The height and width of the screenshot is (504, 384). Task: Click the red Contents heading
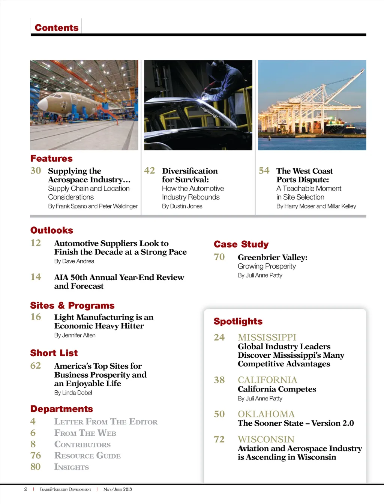(x=57, y=28)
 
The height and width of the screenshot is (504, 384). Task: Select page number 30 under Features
(x=36, y=171)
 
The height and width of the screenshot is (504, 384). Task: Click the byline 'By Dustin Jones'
(x=182, y=206)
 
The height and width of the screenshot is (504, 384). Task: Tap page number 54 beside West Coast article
(x=264, y=171)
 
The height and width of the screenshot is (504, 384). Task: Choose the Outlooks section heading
(x=52, y=230)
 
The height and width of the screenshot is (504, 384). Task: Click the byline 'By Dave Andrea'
(x=74, y=261)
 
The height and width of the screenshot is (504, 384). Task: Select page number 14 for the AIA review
(x=36, y=277)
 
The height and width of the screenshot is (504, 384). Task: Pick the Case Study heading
(x=241, y=244)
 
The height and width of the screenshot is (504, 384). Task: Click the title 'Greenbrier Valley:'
(x=273, y=257)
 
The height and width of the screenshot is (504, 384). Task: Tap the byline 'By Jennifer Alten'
(x=75, y=335)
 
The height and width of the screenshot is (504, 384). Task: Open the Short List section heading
(x=54, y=353)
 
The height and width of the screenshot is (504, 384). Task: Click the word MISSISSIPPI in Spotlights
(x=267, y=337)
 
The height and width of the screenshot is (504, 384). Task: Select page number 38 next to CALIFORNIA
(x=219, y=380)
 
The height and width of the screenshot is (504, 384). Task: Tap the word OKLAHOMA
(x=266, y=414)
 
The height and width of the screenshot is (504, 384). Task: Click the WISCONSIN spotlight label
(x=266, y=439)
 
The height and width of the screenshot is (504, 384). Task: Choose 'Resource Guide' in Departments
(x=87, y=456)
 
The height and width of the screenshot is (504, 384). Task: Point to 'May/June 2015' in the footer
(x=118, y=489)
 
